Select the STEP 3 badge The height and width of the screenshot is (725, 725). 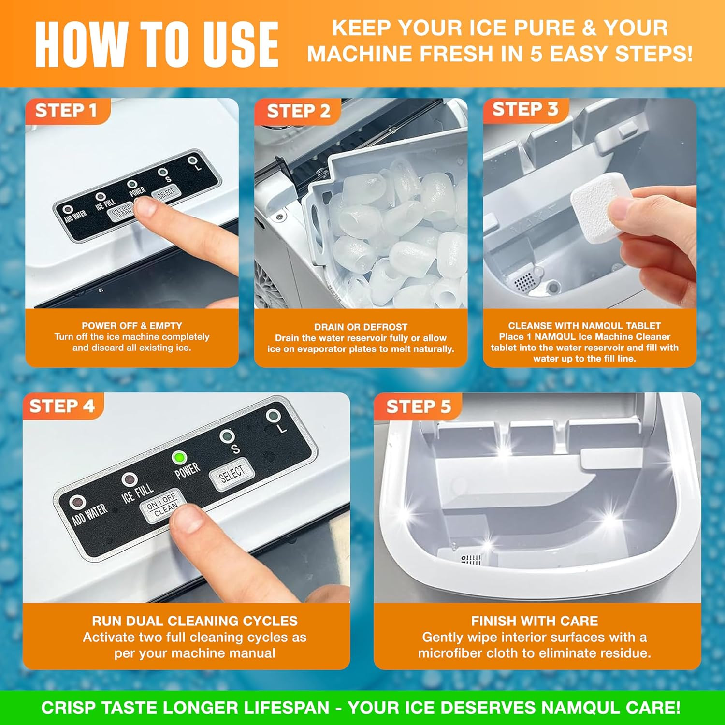click(526, 110)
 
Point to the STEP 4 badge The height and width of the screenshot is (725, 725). click(61, 406)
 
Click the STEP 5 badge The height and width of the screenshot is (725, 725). click(418, 406)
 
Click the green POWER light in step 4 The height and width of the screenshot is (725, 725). click(179, 457)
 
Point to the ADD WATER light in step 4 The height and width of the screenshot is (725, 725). click(76, 502)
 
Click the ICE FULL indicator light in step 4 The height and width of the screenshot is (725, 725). click(129, 479)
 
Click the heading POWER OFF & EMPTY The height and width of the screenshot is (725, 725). click(132, 326)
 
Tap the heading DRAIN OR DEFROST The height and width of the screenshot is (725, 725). click(361, 327)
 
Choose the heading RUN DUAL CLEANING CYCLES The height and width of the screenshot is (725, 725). click(195, 621)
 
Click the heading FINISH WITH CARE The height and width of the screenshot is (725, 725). click(535, 621)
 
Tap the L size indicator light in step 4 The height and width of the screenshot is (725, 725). click(273, 416)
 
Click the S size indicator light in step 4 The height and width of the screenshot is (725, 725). click(226, 436)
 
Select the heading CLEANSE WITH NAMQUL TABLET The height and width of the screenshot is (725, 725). click(584, 326)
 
